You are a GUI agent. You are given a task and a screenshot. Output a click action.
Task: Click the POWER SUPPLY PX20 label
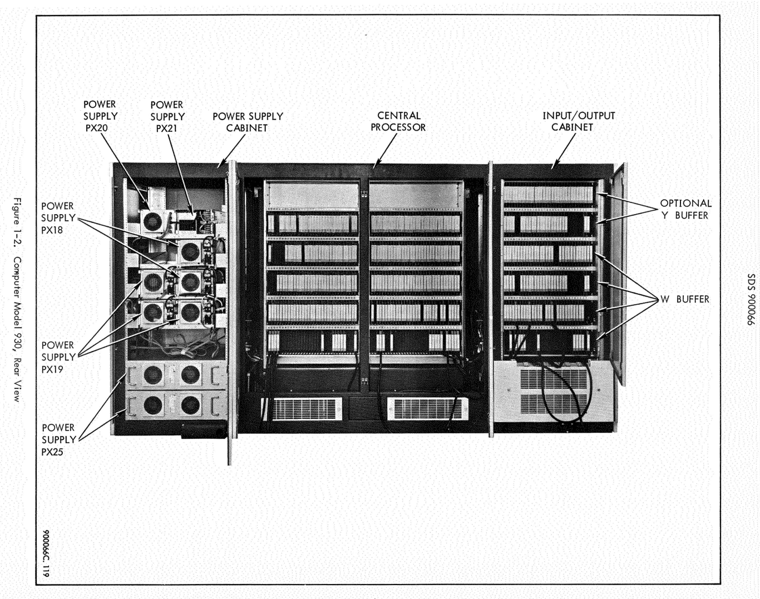point(100,116)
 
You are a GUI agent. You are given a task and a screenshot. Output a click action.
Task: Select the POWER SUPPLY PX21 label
point(167,116)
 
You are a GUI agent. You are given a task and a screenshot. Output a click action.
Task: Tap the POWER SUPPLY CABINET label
point(248,122)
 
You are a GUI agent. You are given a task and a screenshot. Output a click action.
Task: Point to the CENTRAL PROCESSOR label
point(398,121)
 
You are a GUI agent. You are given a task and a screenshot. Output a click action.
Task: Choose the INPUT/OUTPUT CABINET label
point(578,121)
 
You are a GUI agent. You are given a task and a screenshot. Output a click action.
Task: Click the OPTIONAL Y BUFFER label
point(685,209)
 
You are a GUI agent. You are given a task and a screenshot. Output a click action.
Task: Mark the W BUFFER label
point(685,299)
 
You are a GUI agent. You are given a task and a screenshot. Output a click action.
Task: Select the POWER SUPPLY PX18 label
point(57,217)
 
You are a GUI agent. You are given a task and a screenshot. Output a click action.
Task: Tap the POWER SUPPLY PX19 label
point(58,357)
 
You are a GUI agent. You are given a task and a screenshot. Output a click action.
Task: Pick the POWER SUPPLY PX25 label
point(58,439)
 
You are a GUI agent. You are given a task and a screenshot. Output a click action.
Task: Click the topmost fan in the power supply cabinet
point(152,222)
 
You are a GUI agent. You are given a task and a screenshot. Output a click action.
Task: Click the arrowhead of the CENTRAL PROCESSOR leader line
point(376,165)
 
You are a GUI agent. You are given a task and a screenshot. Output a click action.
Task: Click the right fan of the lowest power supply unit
point(190,405)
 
